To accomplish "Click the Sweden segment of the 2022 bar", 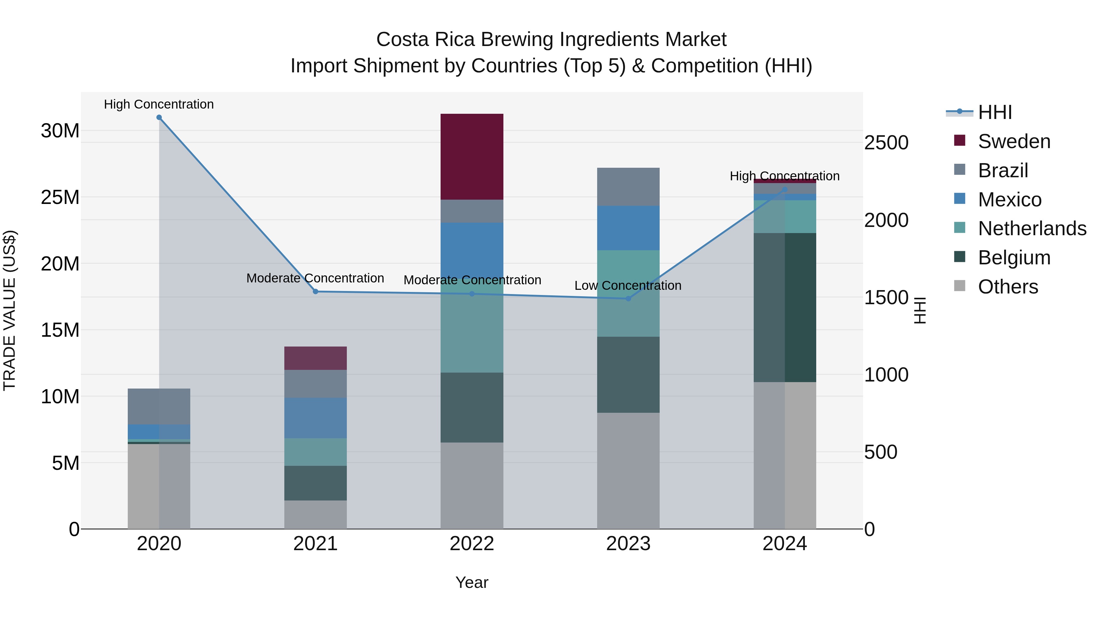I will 472,156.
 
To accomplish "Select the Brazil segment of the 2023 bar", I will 628,186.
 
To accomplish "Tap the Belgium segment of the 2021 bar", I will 315,483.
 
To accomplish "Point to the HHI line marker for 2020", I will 159,117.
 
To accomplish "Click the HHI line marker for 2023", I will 628,299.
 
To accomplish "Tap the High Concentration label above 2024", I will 784,176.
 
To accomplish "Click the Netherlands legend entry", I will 1032,228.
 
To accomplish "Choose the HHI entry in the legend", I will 995,112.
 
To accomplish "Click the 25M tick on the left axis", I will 60,197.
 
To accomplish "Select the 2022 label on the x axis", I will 472,544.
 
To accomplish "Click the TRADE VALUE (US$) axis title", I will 9,310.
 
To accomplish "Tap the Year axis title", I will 472,582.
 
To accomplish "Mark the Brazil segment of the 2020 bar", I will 159,406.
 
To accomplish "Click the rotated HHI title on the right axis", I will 919,310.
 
